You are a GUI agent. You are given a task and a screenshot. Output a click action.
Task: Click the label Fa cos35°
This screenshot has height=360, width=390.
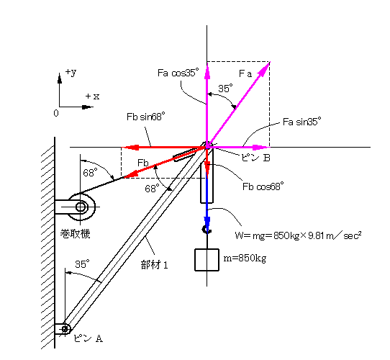[x=178, y=73]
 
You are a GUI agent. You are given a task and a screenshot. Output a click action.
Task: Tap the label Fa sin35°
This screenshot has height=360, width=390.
[x=302, y=122]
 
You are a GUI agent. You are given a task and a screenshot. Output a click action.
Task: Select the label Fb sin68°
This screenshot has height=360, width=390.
[x=146, y=117]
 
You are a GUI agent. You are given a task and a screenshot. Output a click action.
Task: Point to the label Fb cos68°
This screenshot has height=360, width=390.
[x=263, y=186]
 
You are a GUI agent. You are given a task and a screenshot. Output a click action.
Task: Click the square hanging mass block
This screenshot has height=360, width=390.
[x=207, y=260]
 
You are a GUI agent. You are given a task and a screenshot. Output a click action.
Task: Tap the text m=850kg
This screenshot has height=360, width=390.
[x=245, y=258]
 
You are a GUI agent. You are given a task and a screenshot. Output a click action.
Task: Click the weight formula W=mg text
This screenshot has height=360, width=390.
[x=298, y=235]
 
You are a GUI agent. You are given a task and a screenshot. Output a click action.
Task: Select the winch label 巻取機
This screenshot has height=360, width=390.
[x=75, y=234]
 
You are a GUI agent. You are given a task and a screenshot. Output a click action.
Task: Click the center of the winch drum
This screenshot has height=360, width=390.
[x=81, y=207]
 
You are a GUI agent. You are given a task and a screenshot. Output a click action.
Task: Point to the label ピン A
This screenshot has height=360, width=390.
[x=88, y=338]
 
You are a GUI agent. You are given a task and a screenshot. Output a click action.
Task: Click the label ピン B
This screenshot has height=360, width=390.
[x=255, y=158]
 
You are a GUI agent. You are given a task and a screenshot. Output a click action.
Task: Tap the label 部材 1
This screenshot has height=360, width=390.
[x=155, y=265]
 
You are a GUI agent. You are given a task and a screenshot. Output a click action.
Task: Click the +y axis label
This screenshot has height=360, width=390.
[x=71, y=72]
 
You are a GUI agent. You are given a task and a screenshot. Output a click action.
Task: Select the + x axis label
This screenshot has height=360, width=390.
[x=92, y=96]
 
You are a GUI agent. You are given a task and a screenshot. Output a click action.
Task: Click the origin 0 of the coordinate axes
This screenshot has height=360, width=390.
[x=56, y=113]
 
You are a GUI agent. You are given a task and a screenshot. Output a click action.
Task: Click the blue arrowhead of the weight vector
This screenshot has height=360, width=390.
[x=207, y=221]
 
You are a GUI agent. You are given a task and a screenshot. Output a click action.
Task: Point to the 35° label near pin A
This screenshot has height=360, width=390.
[x=82, y=264]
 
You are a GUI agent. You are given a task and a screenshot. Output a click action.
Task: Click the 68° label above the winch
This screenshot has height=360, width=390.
[x=90, y=173]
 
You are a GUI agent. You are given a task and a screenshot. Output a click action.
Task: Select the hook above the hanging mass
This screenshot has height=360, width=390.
[x=207, y=230]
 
